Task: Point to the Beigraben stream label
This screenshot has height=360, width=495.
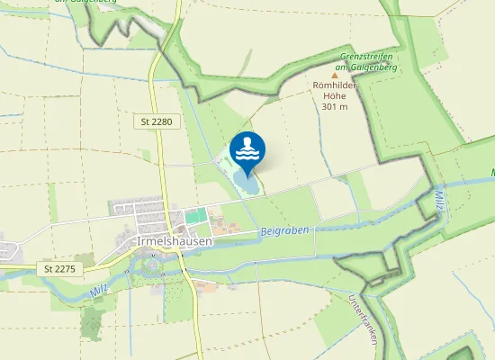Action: (x=284, y=231)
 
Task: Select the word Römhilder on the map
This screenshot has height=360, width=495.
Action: (x=335, y=86)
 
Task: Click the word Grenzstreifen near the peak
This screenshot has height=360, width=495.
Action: (x=365, y=57)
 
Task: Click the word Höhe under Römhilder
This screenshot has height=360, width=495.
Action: (x=335, y=96)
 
